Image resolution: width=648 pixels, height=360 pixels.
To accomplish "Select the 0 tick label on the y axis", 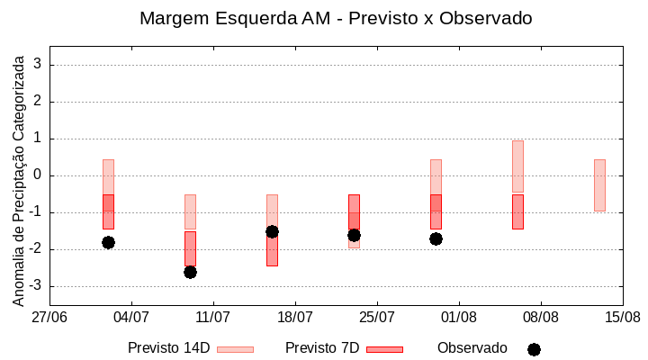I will pos(38,175).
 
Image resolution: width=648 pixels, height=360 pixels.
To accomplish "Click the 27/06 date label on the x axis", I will pos(49,317).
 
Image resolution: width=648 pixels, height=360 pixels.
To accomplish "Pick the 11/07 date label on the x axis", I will pos(213,317).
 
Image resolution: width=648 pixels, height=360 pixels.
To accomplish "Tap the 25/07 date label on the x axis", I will pos(377,317).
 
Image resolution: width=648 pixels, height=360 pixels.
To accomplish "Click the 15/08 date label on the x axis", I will pos(623,317).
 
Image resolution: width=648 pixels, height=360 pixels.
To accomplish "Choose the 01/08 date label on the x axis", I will pos(459,317).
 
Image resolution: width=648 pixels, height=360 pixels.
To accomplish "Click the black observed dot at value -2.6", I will pos(190,272).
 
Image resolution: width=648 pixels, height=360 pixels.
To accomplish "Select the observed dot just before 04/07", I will pos(108,242).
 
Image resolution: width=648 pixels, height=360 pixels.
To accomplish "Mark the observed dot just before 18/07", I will pos(272,231).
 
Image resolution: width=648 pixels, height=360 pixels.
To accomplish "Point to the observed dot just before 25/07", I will pos(354,235).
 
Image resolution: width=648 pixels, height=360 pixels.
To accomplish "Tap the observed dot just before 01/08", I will pos(436,238).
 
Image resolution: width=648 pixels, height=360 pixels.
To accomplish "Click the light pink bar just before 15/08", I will pos(599,184).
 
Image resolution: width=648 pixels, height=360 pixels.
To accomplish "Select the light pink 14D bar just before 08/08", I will pos(517,166).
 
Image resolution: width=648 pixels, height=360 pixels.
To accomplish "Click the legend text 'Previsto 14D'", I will pos(168,347).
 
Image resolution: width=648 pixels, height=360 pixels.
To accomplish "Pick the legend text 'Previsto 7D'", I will pos(322,347).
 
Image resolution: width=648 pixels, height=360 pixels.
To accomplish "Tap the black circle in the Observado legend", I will pos(534,349).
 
